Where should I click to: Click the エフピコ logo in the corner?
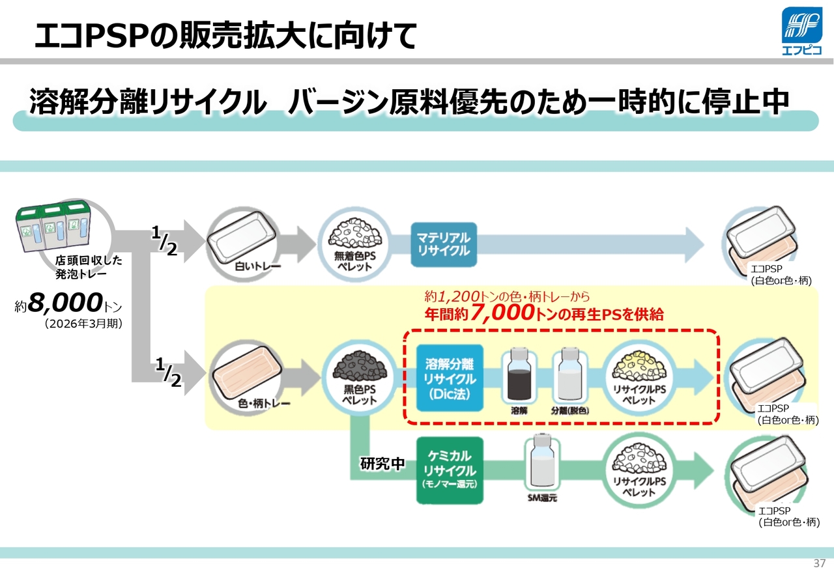(x=801, y=31)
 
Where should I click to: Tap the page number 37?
(x=819, y=563)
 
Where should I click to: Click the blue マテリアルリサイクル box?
(x=444, y=245)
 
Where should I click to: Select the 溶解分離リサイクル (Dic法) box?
(x=450, y=378)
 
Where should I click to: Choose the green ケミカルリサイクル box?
(x=450, y=470)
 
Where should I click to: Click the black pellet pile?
(x=360, y=366)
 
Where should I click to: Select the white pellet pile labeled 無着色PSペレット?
(x=355, y=233)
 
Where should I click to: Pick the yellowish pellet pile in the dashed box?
(x=639, y=366)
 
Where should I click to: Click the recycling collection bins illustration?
(x=53, y=225)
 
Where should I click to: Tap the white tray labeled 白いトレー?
(x=241, y=238)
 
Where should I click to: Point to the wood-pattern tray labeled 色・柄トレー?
(x=246, y=373)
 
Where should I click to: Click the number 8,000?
(x=65, y=302)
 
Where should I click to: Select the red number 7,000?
(x=502, y=313)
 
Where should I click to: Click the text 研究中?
(x=382, y=464)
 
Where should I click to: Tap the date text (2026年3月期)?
(x=83, y=324)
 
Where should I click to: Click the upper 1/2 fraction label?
(x=164, y=241)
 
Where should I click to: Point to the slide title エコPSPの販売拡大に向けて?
(x=225, y=35)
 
